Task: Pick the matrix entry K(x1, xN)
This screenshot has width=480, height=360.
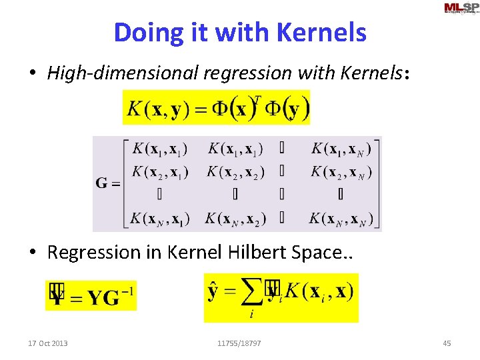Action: [x=341, y=149]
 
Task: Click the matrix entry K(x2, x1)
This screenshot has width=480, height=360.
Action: [x=159, y=172]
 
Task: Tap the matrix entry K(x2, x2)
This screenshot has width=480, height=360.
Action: [x=235, y=172]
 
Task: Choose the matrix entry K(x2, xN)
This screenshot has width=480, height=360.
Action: [x=341, y=172]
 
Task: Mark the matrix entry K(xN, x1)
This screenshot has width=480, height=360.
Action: [x=159, y=218]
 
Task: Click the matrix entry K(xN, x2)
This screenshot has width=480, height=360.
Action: [x=235, y=218]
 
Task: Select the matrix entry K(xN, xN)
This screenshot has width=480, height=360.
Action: [x=341, y=218]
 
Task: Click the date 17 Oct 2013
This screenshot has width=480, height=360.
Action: [x=47, y=343]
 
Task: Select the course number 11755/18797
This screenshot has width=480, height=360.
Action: [x=239, y=343]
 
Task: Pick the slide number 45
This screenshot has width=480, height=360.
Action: [x=447, y=343]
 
